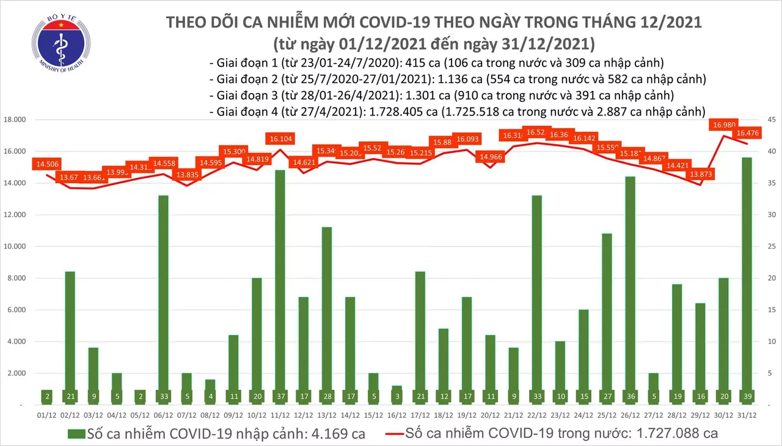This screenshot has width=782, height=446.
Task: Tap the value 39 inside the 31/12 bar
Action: coord(747,396)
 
